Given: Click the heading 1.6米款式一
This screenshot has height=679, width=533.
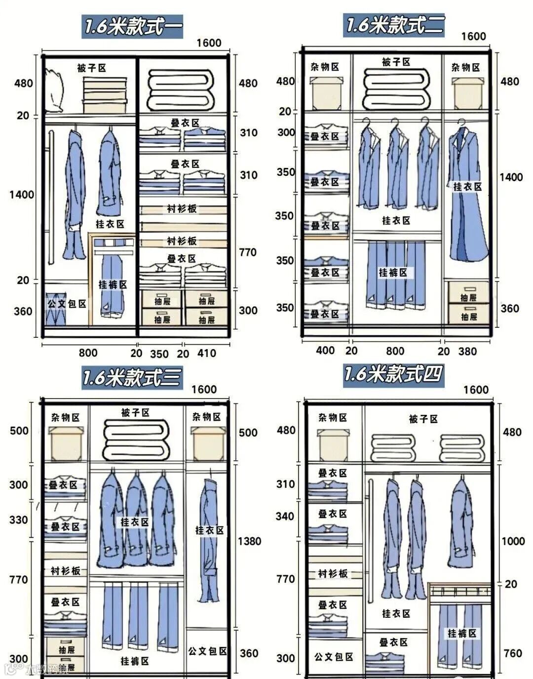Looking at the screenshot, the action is click(132, 26).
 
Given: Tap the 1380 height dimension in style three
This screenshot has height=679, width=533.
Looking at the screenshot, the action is click(249, 541).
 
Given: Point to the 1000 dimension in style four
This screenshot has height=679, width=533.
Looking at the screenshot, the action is click(513, 541).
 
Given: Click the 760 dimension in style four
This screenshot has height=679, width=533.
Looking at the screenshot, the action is click(513, 653).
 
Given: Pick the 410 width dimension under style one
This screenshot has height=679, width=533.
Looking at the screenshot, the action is click(206, 353).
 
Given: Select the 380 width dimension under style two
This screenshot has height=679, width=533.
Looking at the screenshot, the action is click(467, 351).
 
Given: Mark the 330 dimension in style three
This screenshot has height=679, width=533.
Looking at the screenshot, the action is click(19, 519).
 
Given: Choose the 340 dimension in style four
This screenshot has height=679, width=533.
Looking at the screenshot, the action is click(285, 517).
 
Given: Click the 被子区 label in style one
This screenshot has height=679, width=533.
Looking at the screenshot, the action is click(91, 68).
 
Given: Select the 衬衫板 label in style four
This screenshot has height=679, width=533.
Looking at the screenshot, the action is click(333, 574).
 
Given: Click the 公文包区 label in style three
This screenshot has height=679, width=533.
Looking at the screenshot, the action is click(207, 651).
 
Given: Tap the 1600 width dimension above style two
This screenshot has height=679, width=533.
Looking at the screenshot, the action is click(473, 37).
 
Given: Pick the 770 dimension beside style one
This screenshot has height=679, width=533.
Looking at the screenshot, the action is click(247, 252).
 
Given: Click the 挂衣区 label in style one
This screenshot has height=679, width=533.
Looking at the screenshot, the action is click(110, 224).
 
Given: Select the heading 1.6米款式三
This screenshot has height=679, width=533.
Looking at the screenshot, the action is click(132, 378).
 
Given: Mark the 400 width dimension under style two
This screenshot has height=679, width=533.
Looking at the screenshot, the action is click(325, 351).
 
